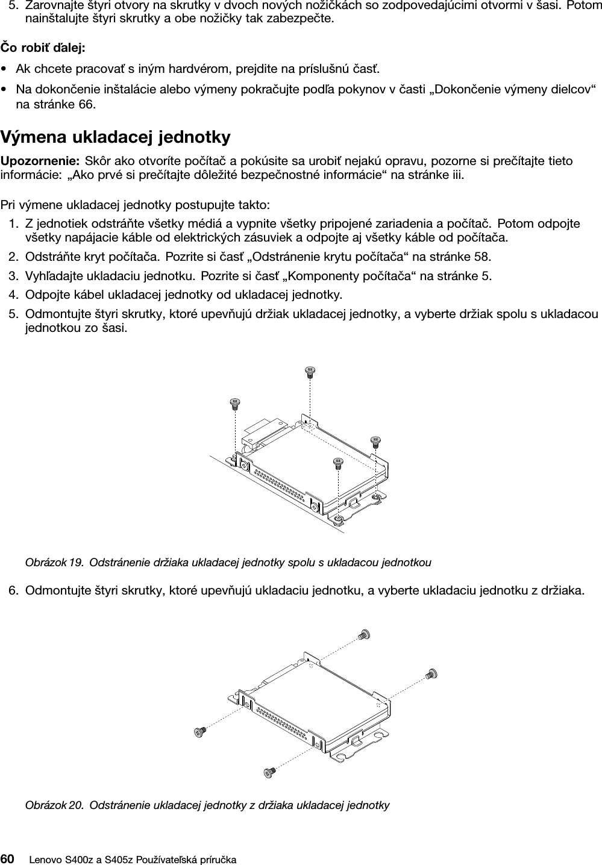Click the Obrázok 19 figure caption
pos(228,563)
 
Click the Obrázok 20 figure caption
pos(207,805)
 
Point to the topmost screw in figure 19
pos(311,372)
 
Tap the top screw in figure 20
pos(363,634)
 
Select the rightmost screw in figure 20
pos(431,674)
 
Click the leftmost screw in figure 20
pos(199,731)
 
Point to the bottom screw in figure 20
pos(269,771)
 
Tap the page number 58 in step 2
pos(481,257)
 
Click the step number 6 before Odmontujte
pos(13,589)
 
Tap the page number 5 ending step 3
pos(486,276)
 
